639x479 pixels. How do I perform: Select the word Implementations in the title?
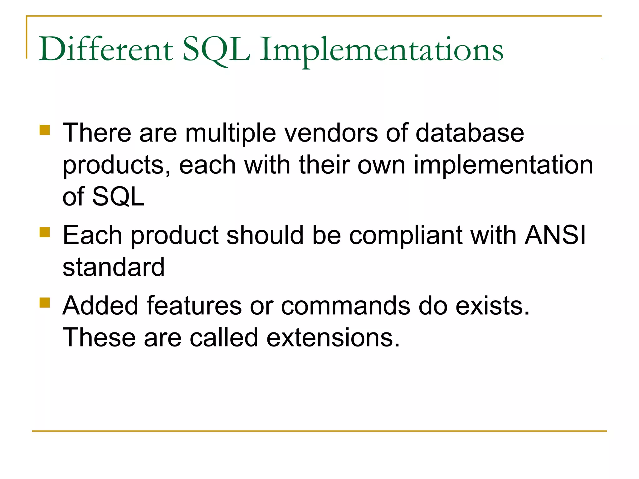[x=381, y=50]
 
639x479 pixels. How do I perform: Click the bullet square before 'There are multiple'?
[x=45, y=130]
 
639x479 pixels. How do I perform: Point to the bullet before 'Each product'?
[x=45, y=232]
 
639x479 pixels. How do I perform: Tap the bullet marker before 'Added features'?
[x=45, y=302]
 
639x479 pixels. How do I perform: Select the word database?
[x=470, y=133]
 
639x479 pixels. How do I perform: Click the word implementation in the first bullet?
[x=503, y=165]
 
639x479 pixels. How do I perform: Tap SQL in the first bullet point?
[x=118, y=197]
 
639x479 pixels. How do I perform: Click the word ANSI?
[x=555, y=235]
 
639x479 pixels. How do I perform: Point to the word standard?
[x=114, y=267]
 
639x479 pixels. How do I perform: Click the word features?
[x=194, y=306]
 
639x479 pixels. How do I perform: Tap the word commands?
[x=345, y=306]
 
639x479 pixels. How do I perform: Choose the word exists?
[x=492, y=306]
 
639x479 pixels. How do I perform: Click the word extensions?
[x=333, y=338]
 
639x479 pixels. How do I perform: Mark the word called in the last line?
[x=224, y=338]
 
